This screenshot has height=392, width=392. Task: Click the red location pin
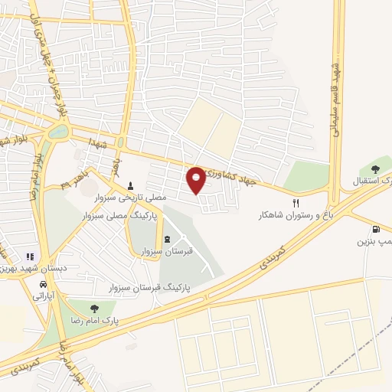click(x=197, y=179)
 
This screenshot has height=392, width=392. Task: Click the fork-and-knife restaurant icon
click(x=275, y=204)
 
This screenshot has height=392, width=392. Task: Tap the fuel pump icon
click(x=374, y=229)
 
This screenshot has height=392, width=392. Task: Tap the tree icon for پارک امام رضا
click(x=94, y=308)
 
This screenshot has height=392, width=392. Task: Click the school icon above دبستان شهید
click(x=30, y=256)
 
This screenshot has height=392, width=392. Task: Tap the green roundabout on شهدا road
click(x=57, y=131)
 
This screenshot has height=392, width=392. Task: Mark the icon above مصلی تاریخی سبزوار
click(x=130, y=186)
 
